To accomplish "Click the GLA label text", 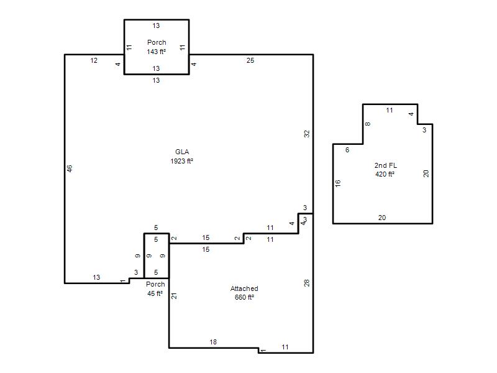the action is coord(182,152).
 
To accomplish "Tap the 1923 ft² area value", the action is coord(181,161).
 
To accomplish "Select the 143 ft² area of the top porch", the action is coord(157,52).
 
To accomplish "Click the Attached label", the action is coord(244,288).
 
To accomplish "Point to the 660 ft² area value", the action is coord(244,297).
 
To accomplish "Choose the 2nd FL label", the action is coord(385,165).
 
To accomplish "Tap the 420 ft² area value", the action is coord(385,174).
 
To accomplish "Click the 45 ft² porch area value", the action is coord(155,293).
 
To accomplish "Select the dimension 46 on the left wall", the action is coord(70,168).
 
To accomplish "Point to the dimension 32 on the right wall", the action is coord(306,134).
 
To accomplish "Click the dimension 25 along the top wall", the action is coord(250,60).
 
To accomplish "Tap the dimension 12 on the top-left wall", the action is coord(94,60).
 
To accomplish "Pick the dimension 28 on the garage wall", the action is coord(306,283).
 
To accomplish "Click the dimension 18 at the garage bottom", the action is coord(213,342).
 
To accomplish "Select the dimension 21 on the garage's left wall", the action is coord(174,296).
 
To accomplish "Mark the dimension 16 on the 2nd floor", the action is coord(338,183).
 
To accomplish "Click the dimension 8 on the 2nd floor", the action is coord(368,124).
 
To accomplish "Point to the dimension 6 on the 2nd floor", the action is coord(347,150).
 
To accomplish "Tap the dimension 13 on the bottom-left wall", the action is coord(96,277).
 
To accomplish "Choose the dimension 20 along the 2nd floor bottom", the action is coord(382,218).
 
